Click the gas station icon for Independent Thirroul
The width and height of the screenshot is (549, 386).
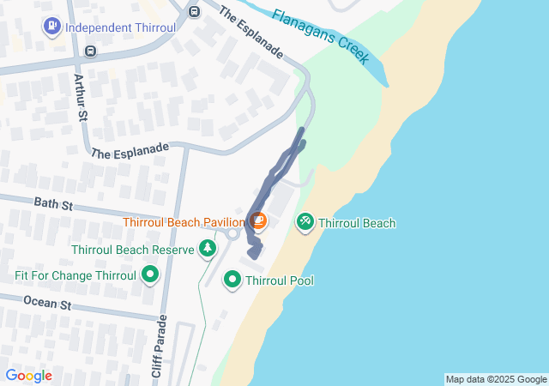51,27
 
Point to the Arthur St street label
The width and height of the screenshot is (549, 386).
81,97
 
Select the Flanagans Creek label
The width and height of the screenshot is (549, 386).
322,36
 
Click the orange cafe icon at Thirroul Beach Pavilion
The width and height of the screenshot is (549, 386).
258,222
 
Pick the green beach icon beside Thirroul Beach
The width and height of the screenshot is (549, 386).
305,223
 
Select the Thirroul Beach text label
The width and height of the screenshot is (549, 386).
357,223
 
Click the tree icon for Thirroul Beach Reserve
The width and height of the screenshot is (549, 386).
207,250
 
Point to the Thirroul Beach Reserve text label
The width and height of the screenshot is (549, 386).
133,250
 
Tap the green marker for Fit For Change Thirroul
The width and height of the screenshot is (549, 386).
151,275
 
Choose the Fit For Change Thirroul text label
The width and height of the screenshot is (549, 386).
75,275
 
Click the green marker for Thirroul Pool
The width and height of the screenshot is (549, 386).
232,280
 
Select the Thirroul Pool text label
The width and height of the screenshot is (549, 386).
280,280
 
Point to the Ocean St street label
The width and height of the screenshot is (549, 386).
46,304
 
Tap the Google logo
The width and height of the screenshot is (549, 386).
28,376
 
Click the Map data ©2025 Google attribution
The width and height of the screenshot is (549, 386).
496,379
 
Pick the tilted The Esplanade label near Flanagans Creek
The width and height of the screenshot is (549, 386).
250,33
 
